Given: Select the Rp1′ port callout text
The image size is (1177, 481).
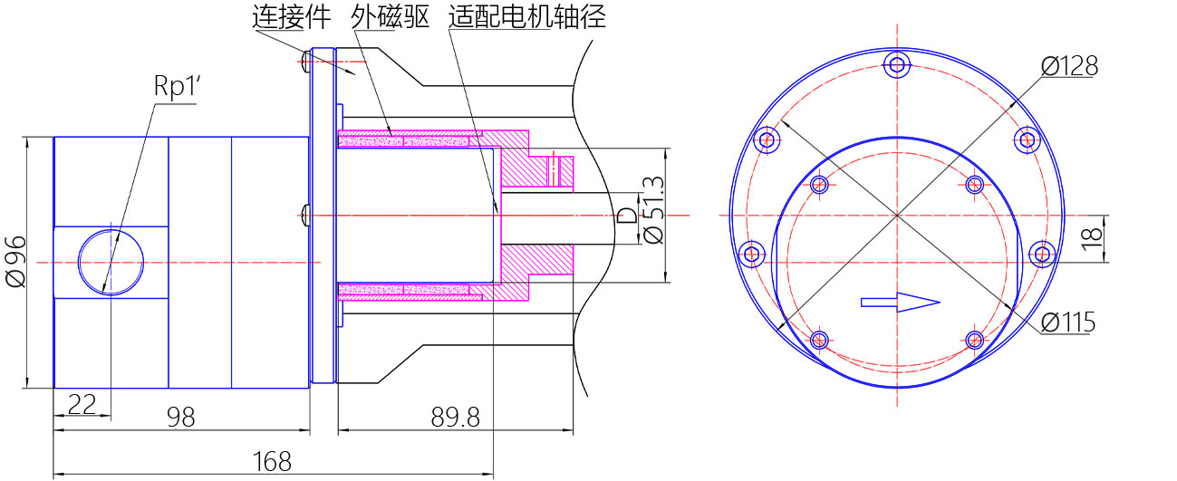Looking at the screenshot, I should (175, 87).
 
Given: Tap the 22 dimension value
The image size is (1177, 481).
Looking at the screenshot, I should (82, 405).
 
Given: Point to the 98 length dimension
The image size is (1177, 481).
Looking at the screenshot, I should (180, 417).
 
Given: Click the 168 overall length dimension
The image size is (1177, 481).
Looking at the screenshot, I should (272, 462).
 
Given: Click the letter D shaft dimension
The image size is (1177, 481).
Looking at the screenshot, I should (625, 216).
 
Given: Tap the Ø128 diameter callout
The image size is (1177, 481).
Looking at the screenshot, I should (1069, 65).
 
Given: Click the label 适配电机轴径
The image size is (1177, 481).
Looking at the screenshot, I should (526, 16).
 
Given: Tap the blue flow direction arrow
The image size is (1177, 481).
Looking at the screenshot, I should (900, 303).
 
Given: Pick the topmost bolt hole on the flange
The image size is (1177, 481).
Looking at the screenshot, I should (897, 64).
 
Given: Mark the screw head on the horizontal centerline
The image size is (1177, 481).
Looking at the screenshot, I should (304, 215).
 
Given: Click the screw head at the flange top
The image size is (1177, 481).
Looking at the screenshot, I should (304, 62).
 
